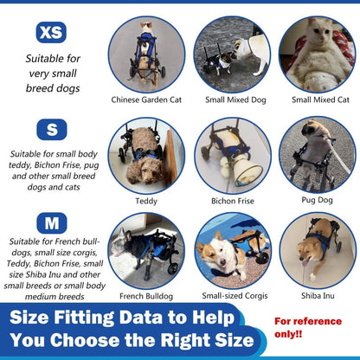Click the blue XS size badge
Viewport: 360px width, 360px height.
click(51, 33)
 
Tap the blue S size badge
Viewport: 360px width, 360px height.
click(51, 129)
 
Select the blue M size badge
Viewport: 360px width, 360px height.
click(51, 223)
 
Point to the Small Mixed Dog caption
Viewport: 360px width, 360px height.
click(231, 100)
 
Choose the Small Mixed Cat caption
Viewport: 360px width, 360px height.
click(317, 100)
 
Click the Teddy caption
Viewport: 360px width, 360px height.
click(146, 200)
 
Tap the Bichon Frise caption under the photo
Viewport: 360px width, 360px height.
click(232, 200)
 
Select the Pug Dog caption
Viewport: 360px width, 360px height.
click(318, 200)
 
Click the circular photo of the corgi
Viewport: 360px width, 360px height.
click(231, 250)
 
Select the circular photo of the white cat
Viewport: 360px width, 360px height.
click(317, 54)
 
